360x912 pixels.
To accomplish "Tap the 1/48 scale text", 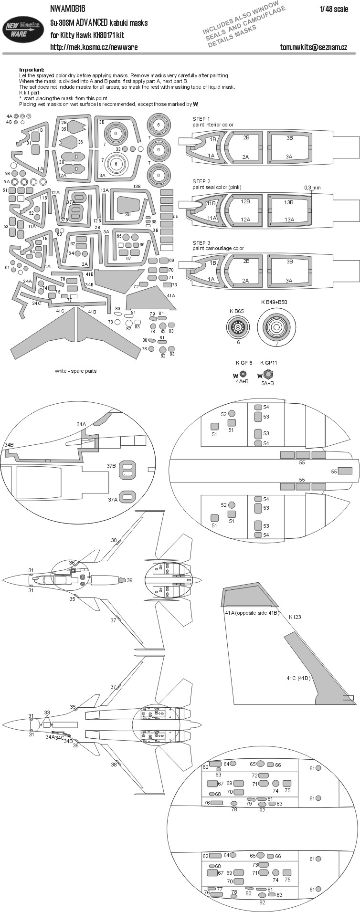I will [334, 9].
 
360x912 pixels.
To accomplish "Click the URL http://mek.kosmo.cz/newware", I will [94, 47].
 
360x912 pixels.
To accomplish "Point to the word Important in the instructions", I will [32, 70].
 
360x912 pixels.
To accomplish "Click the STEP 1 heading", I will [201, 119].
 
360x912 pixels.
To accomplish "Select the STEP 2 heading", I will [201, 181].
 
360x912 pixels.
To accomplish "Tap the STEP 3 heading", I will [201, 243].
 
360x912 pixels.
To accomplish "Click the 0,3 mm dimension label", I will [312, 188].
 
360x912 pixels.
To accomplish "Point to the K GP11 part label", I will [269, 363].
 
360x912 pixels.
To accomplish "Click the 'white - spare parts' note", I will [75, 371].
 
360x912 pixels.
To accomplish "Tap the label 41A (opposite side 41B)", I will [252, 612].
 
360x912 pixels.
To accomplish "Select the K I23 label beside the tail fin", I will [295, 617].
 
